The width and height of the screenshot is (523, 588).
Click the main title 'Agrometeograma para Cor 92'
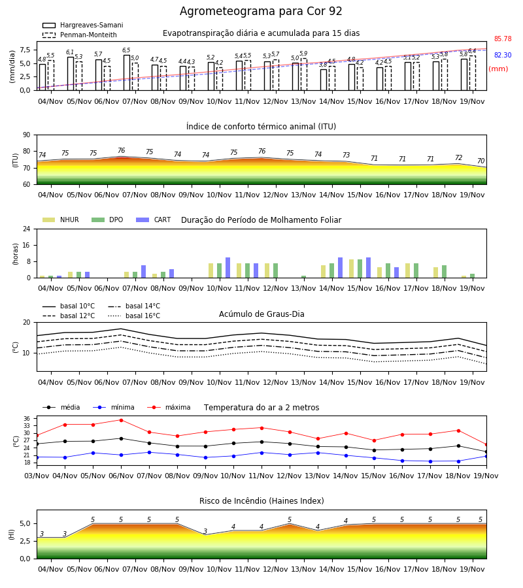coord(261,11)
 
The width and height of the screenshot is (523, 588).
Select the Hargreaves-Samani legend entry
coord(83,25)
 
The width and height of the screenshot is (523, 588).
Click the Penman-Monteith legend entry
coord(80,35)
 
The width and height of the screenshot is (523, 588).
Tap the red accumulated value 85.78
coord(503,39)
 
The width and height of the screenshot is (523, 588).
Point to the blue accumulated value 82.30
coord(503,55)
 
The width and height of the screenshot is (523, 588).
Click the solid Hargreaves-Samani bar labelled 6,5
coord(127,73)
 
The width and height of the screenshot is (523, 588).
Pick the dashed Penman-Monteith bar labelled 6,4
coord(473,73)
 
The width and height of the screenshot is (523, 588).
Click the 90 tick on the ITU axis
coord(27,135)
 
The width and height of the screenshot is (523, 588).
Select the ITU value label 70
coord(481,161)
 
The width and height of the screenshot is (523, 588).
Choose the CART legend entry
coord(153,220)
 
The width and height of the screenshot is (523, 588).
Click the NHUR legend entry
coord(61,220)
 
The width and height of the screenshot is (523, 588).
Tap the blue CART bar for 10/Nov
coord(228,268)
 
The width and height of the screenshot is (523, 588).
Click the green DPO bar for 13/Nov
coord(303,277)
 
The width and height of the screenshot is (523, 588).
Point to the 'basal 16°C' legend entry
coord(134,316)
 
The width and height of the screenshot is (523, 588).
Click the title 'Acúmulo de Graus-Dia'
coord(261,314)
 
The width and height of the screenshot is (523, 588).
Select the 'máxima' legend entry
coord(169,407)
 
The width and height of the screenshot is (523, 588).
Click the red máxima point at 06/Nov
coord(121,420)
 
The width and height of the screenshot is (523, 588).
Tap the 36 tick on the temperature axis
coord(27,419)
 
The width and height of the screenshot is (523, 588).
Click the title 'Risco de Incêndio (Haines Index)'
coord(261,501)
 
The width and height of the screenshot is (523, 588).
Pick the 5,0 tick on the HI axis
coord(25,523)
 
